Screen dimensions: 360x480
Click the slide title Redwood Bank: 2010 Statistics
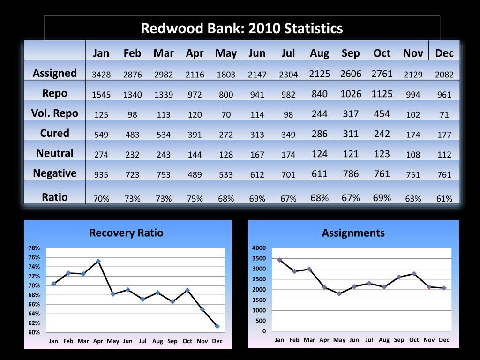click(242, 29)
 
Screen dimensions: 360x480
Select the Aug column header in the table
click(319, 53)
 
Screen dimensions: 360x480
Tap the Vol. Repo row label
click(55, 113)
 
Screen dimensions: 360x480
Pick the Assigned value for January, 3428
click(101, 75)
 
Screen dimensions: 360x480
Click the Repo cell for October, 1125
click(382, 94)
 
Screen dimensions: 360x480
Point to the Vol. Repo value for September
click(351, 114)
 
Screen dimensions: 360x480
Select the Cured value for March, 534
click(164, 135)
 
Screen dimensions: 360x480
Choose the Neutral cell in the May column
click(226, 155)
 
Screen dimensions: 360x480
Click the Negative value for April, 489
click(195, 175)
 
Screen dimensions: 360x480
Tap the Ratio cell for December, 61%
click(444, 199)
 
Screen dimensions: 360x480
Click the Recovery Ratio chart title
click(126, 232)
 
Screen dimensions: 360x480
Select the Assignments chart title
click(353, 232)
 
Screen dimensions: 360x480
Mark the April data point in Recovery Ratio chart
click(98, 261)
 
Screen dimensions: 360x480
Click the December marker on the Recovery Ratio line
click(217, 326)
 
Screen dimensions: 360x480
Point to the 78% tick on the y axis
click(34, 248)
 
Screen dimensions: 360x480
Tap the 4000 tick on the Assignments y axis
click(259, 248)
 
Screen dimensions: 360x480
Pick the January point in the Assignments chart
click(279, 260)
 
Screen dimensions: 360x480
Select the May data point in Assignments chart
click(339, 293)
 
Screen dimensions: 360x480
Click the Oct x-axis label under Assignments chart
click(414, 340)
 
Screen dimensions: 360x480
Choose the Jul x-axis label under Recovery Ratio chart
click(142, 341)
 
